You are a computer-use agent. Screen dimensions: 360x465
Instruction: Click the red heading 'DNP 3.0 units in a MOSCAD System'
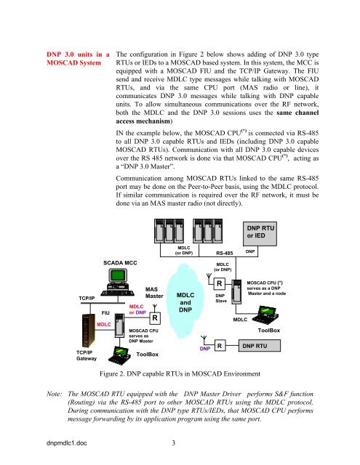(78, 59)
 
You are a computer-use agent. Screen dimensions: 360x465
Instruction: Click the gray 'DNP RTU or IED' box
(260, 234)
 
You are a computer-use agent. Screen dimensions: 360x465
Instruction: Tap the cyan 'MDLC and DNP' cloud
(185, 302)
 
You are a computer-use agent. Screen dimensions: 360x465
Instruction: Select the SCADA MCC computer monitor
(118, 276)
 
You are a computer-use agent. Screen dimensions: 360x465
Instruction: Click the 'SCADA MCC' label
(120, 263)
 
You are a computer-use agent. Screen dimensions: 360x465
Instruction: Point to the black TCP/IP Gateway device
(89, 331)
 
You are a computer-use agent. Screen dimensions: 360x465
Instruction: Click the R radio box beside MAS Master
(155, 318)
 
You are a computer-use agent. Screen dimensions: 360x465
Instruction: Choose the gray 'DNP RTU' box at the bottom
(260, 346)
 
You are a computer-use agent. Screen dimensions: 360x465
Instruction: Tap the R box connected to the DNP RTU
(220, 346)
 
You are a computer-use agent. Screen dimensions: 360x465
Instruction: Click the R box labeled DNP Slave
(220, 284)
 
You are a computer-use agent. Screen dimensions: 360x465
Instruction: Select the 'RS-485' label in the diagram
(225, 253)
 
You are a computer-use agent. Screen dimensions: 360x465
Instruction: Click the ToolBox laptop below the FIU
(119, 355)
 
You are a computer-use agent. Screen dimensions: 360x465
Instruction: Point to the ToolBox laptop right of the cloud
(265, 315)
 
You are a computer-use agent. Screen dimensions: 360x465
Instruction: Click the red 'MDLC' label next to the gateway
(103, 325)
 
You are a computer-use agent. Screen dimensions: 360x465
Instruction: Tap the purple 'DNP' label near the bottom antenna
(205, 349)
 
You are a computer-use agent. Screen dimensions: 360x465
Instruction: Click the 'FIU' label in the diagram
(105, 313)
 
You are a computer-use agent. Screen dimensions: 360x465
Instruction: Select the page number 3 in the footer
(174, 442)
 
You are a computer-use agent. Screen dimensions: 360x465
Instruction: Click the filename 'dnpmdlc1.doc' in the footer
(67, 442)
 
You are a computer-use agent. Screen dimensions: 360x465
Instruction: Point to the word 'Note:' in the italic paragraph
(55, 394)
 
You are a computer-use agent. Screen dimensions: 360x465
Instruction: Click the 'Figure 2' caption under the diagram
(180, 373)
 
